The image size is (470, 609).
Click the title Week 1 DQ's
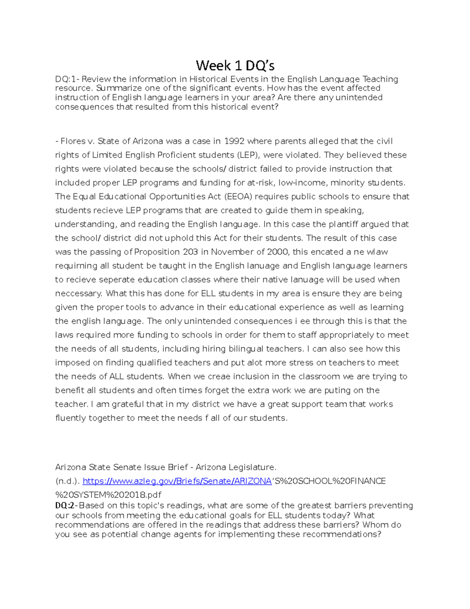235,65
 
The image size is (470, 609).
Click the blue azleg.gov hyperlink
177,481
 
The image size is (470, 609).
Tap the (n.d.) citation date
67,481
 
